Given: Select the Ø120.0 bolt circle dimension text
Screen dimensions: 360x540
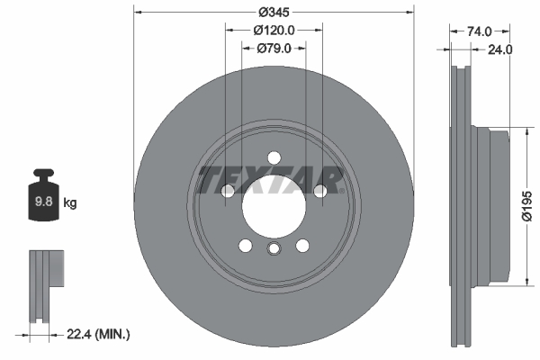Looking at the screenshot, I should pos(274,31).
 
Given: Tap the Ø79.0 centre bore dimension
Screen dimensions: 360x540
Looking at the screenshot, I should pos(274,49).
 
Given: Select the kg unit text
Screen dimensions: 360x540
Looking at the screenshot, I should pos(70,203).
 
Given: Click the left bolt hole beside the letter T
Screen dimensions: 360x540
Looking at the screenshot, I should pos(228,191).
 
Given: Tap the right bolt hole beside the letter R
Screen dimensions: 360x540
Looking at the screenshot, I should pos(319,191).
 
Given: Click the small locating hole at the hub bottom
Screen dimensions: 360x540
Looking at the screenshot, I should pos(274,251).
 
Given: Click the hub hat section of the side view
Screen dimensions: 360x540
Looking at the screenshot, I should pos(495,206).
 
